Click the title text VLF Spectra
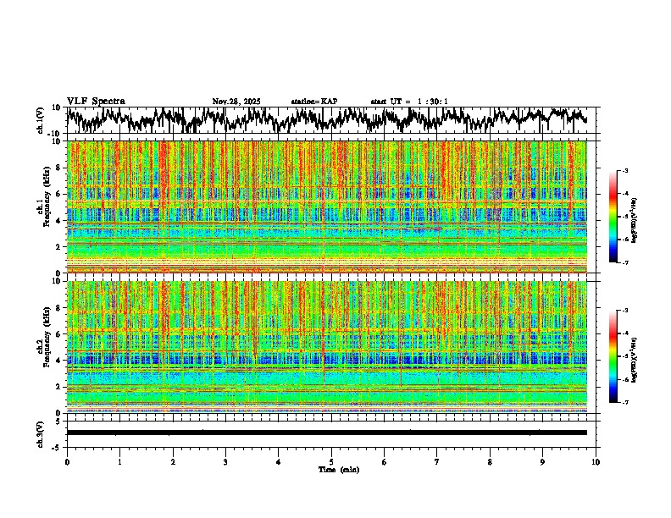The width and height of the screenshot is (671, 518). pyautogui.click(x=96, y=102)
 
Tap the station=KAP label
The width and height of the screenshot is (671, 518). pyautogui.click(x=314, y=102)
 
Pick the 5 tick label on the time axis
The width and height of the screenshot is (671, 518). pyautogui.click(x=331, y=462)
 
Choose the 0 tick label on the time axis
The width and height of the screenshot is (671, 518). pyautogui.click(x=67, y=462)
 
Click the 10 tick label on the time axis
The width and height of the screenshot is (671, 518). pyautogui.click(x=596, y=462)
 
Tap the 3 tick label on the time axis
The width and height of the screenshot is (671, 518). pyautogui.click(x=225, y=462)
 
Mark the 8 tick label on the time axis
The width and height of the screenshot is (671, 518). pyautogui.click(x=490, y=462)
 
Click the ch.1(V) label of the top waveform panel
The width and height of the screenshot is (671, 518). pyautogui.click(x=41, y=120)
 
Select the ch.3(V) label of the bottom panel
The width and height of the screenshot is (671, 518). pyautogui.click(x=41, y=433)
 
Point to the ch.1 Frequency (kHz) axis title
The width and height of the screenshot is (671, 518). pyautogui.click(x=44, y=207)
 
